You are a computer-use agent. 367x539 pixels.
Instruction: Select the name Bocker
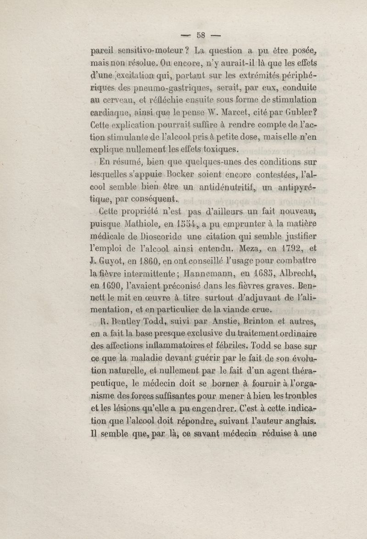159,175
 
